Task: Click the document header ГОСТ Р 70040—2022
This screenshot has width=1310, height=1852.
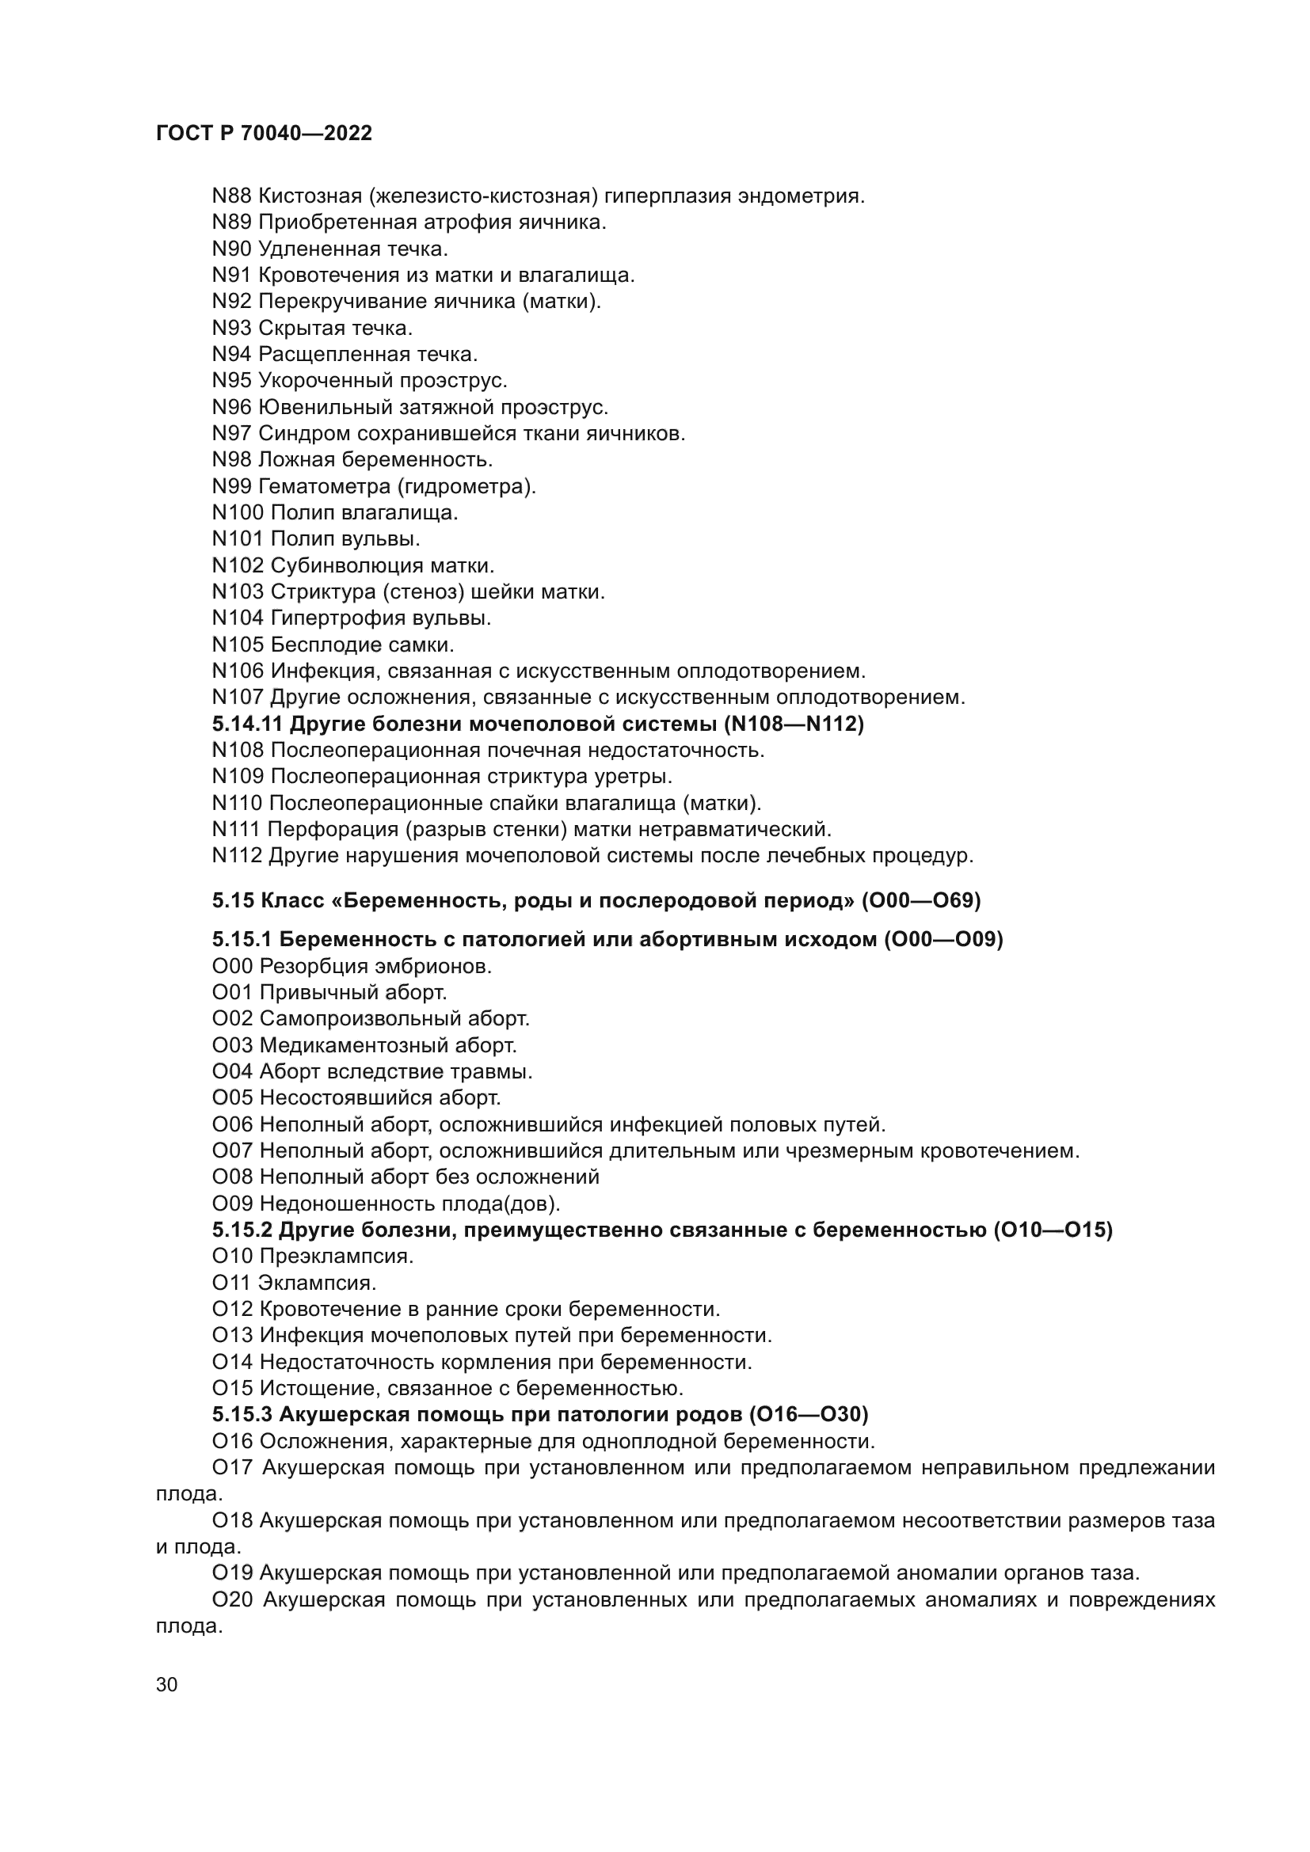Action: coord(264,133)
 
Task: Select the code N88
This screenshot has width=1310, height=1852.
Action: coord(231,196)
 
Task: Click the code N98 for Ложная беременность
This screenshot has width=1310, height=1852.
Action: coord(231,460)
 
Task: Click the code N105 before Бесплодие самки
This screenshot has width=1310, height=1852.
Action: coord(238,645)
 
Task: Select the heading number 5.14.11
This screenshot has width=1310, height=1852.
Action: coord(248,724)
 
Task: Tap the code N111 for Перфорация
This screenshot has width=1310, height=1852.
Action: coord(236,829)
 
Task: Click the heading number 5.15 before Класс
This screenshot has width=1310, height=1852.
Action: coord(233,900)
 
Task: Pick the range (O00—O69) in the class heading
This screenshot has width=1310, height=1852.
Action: coord(920,900)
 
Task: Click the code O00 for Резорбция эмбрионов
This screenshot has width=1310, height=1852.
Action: coord(232,965)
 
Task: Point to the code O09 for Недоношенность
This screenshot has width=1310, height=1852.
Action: coord(232,1204)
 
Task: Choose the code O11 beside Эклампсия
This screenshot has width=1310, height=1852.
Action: coord(231,1283)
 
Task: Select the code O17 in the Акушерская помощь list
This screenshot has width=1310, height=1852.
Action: coord(232,1467)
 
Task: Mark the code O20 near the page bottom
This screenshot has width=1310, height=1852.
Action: coord(232,1599)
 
